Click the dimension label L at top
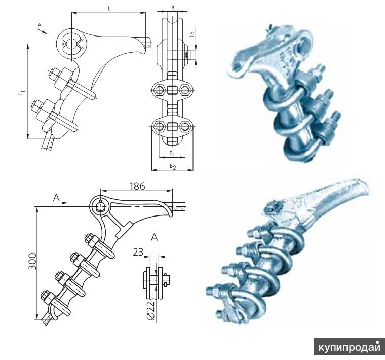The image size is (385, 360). click(109, 9)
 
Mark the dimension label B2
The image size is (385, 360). click(172, 166)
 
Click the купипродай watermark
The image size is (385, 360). click(349, 347)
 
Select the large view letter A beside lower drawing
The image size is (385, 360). click(154, 236)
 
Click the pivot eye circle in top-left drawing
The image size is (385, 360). click(72, 40)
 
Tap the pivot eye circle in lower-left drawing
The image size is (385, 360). click(100, 206)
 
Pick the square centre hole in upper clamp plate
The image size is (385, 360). click(172, 91)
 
